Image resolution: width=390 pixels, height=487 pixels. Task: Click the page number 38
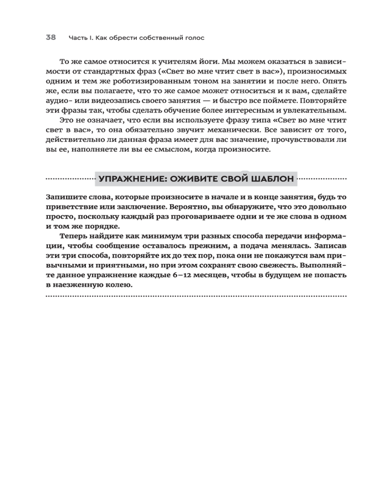[x=51, y=37]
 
